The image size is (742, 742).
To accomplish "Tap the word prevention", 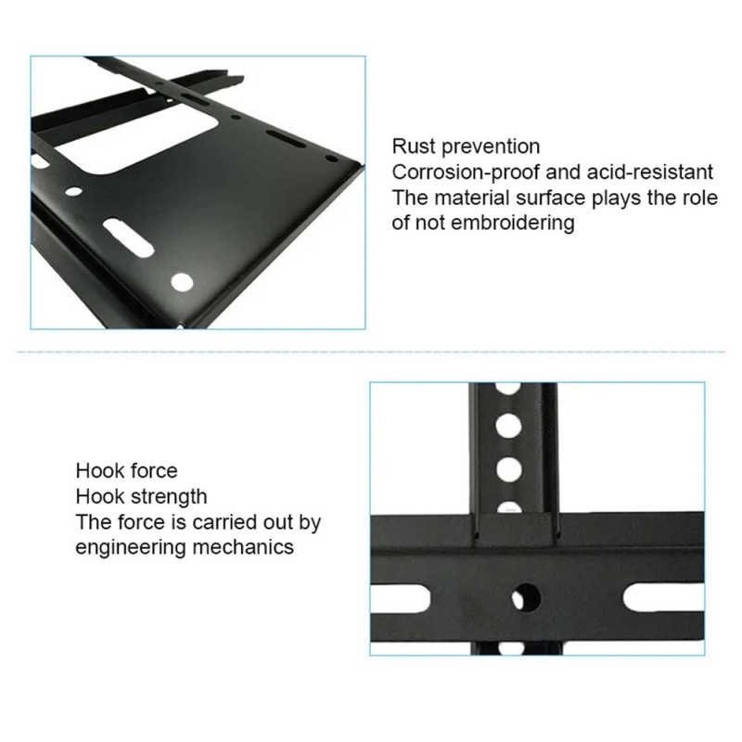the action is coord(491,147).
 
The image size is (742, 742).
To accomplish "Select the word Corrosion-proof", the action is coord(466,173).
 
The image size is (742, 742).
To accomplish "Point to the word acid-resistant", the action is coord(650,173).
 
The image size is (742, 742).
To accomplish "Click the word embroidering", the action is coord(513,224).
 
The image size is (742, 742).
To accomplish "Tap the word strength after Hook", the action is coord(169,497).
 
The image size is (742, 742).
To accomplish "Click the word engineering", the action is coord(131,548).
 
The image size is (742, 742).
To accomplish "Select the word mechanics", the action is coord(243,547).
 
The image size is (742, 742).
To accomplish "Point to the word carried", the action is coord(224,522).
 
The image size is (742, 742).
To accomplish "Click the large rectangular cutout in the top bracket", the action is coord(136,136).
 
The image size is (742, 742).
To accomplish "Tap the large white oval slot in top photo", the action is coord(128,237).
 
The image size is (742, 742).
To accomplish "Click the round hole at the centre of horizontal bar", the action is coord(526,598).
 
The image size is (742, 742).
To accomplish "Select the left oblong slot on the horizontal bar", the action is coord(401,598).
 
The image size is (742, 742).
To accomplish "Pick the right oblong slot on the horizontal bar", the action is coord(663,598).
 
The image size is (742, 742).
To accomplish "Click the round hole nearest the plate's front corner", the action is coord(182,283).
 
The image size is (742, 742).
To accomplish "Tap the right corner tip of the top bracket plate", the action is coord(364,165).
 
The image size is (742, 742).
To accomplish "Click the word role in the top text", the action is coord(700,198).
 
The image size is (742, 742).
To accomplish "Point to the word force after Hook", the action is coord(154,471).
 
